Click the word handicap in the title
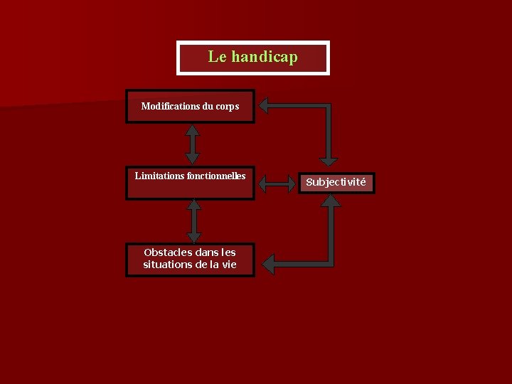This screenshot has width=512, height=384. tap(264, 57)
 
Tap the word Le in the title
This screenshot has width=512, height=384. tap(216, 57)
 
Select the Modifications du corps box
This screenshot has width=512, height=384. tap(190, 107)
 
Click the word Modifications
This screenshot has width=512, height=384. tap(170, 107)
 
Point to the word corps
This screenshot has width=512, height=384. tap(228, 107)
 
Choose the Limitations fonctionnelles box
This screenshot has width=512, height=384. tap(190, 183)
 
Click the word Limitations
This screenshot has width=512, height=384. tap(159, 176)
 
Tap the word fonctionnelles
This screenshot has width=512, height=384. tap(216, 176)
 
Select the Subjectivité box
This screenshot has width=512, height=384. tap(336, 182)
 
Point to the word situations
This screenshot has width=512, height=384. tap(169, 265)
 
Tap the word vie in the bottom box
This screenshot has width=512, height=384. tap(228, 265)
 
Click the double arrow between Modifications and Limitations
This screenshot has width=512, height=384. tap(192, 144)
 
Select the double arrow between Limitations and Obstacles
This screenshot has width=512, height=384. tap(193, 221)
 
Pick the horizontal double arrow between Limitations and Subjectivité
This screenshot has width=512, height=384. tap(276, 183)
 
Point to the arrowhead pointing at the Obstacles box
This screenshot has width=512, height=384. tap(267, 265)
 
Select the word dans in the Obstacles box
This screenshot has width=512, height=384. tap(203, 252)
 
